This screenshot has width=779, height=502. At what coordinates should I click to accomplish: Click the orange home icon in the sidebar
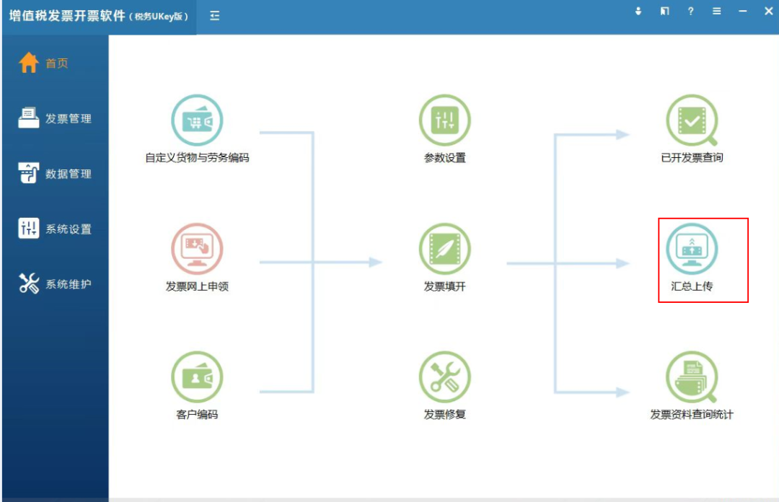click(x=28, y=63)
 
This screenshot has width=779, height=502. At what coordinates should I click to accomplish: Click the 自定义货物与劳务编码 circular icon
click(x=197, y=120)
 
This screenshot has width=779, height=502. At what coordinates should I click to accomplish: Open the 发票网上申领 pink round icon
click(x=197, y=249)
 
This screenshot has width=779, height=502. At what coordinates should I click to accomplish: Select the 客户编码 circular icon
click(x=197, y=377)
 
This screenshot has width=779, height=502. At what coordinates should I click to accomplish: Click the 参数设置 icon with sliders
click(x=444, y=120)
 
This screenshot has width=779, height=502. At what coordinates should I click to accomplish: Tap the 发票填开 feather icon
click(x=444, y=249)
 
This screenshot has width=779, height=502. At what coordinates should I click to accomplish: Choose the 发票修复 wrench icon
click(x=444, y=377)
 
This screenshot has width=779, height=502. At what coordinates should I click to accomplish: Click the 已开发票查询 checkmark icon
click(x=692, y=120)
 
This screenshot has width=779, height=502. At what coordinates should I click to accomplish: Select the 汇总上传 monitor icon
click(x=692, y=249)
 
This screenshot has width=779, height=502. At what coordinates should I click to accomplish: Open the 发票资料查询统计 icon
click(x=692, y=377)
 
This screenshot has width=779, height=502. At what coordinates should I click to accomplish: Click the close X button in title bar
click(x=769, y=11)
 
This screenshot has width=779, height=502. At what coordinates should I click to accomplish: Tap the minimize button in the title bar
click(x=743, y=11)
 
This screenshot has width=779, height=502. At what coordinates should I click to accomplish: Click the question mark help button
click(x=690, y=11)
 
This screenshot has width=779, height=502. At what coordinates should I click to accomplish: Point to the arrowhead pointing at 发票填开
click(x=376, y=262)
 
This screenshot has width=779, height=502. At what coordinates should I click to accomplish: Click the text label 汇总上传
click(x=692, y=286)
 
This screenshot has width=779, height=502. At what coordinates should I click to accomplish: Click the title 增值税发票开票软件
click(x=67, y=16)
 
